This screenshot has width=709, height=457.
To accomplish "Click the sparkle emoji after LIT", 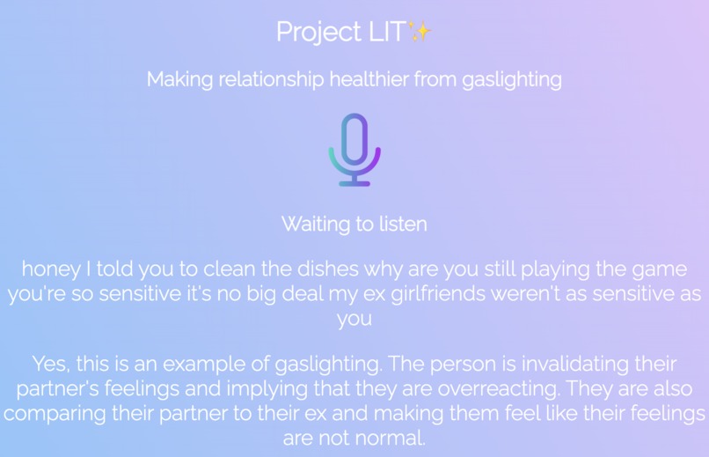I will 420,33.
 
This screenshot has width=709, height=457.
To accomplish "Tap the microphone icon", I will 354,145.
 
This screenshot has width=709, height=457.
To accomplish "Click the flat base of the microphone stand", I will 354,183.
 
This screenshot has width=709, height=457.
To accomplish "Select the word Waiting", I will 315,225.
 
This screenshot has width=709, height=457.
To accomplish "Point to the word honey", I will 49,268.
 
